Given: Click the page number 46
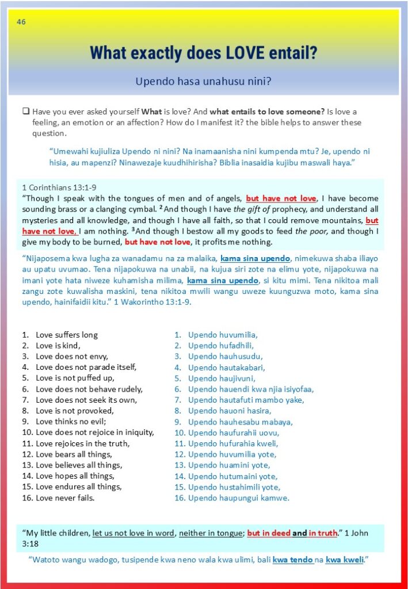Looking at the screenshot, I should click(21, 22).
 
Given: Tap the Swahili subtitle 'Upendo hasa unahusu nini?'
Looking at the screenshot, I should click(203, 82).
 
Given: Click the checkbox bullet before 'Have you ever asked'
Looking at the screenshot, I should click(25, 112).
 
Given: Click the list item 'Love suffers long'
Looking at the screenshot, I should click(67, 335).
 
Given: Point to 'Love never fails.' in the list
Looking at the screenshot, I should click(65, 498).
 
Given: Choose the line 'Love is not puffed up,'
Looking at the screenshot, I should click(75, 378).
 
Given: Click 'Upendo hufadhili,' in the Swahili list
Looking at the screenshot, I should click(220, 346).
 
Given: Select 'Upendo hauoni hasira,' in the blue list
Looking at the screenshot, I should click(230, 411).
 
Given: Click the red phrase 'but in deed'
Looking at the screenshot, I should click(269, 533).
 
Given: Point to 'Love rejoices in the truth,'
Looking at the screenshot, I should click(82, 443).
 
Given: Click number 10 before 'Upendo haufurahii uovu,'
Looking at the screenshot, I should click(180, 433).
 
